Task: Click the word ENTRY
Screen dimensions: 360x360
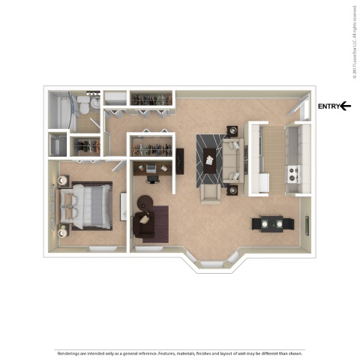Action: click(x=328, y=106)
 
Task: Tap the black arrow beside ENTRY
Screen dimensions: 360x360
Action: click(x=345, y=106)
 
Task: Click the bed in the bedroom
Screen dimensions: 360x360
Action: click(x=85, y=206)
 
